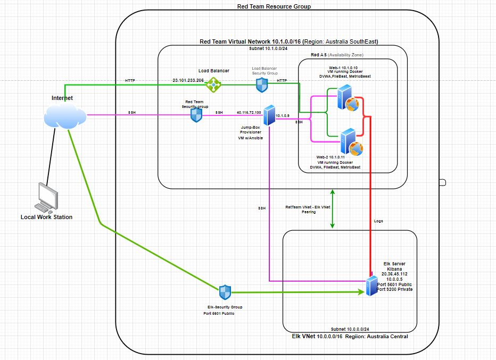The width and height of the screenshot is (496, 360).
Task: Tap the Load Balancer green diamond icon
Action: [x=213, y=83]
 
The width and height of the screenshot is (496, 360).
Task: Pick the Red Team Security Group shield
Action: [x=197, y=115]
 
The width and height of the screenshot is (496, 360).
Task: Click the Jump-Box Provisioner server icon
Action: [x=268, y=115]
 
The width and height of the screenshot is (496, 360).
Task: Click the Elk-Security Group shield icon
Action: [x=225, y=292]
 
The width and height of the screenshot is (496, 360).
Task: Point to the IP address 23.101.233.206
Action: [x=188, y=81]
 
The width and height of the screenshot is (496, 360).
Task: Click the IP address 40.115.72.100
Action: [x=249, y=113]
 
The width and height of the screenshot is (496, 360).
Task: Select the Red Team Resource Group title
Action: [x=274, y=6]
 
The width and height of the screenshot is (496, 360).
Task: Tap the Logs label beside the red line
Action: [x=378, y=221]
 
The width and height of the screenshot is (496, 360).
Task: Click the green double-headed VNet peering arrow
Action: [x=333, y=207]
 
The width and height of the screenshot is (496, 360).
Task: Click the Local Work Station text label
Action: [x=46, y=217]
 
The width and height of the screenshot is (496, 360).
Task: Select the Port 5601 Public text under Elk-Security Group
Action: [x=219, y=313]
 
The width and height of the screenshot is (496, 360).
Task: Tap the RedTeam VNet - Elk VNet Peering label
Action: [x=308, y=208]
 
